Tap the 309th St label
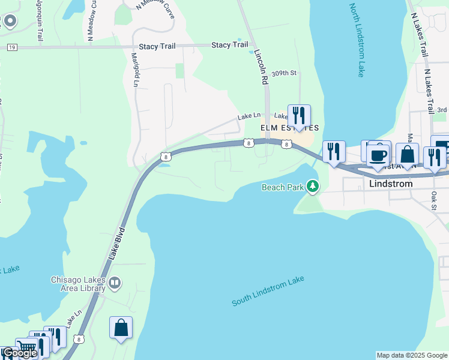tap(284, 73)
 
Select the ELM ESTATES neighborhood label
tap(289, 128)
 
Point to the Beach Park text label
tap(283, 187)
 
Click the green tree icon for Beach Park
tap(312, 187)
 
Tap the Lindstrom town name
tap(391, 184)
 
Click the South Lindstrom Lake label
tap(268, 292)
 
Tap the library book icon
tap(115, 281)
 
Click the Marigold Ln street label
tap(134, 70)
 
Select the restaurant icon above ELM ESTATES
tap(299, 115)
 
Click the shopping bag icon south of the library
tap(121, 328)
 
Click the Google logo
tap(19, 353)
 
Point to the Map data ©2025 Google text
tap(411, 355)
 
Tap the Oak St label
tap(433, 202)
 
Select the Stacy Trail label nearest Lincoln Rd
tap(230, 45)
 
